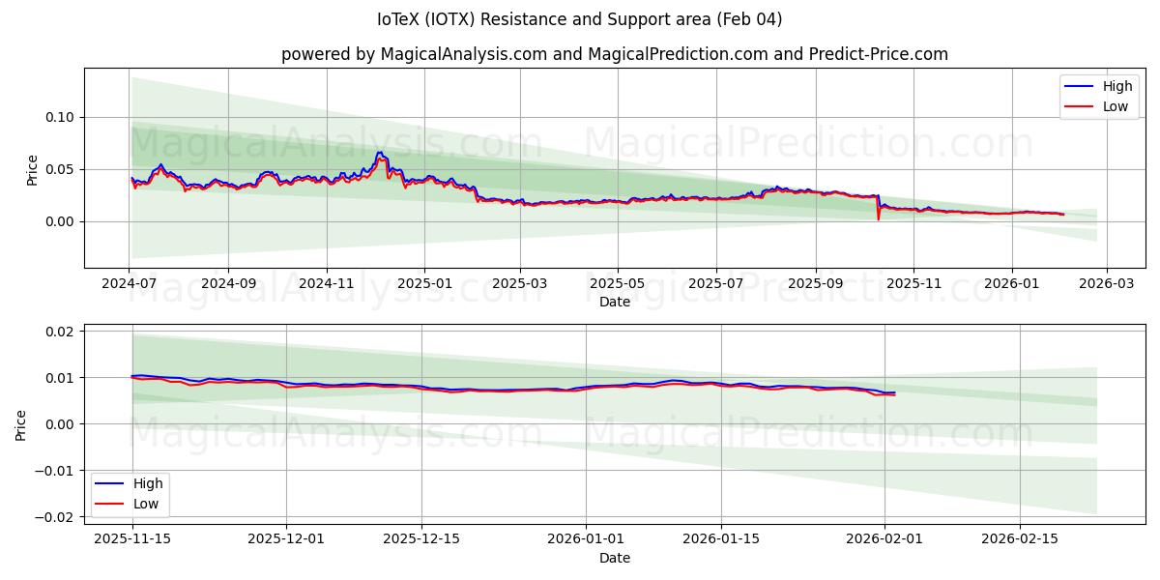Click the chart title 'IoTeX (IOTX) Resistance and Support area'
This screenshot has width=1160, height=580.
tap(579, 19)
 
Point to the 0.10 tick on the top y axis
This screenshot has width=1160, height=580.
tap(60, 117)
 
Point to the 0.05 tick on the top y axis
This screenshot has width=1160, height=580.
tap(60, 169)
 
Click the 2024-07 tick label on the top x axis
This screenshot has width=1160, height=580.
tap(130, 284)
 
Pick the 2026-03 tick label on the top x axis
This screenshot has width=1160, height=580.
tap(1107, 284)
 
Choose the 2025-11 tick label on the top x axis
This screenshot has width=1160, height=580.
tap(913, 284)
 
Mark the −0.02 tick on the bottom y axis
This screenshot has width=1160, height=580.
tap(56, 516)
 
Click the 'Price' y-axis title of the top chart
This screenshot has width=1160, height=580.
tap(32, 170)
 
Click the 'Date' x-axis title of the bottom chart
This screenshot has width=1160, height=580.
tap(615, 558)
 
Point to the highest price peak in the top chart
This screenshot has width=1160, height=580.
tap(380, 153)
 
